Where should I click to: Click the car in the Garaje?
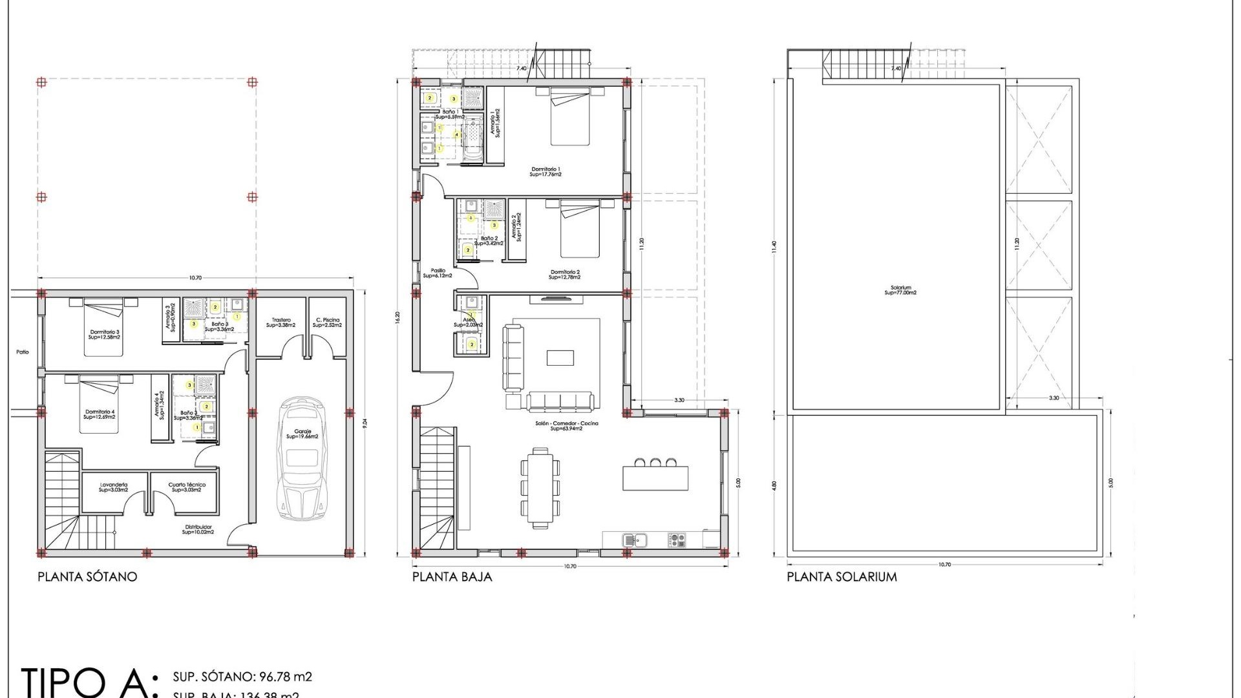(x=301, y=459)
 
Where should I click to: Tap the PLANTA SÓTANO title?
(x=87, y=576)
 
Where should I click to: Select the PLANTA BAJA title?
(x=452, y=576)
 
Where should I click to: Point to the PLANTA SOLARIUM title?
(x=842, y=576)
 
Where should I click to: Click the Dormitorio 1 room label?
(x=546, y=171)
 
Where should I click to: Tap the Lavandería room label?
(x=114, y=487)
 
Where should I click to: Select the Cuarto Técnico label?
(x=187, y=487)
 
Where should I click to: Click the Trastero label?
(x=281, y=323)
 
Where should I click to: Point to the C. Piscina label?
(x=328, y=323)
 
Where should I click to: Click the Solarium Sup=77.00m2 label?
(x=900, y=290)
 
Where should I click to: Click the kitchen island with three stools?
(x=655, y=477)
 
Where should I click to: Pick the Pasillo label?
(x=438, y=273)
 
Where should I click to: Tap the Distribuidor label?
(x=198, y=529)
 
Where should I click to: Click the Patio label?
(x=23, y=352)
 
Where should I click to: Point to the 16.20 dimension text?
(x=398, y=318)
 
